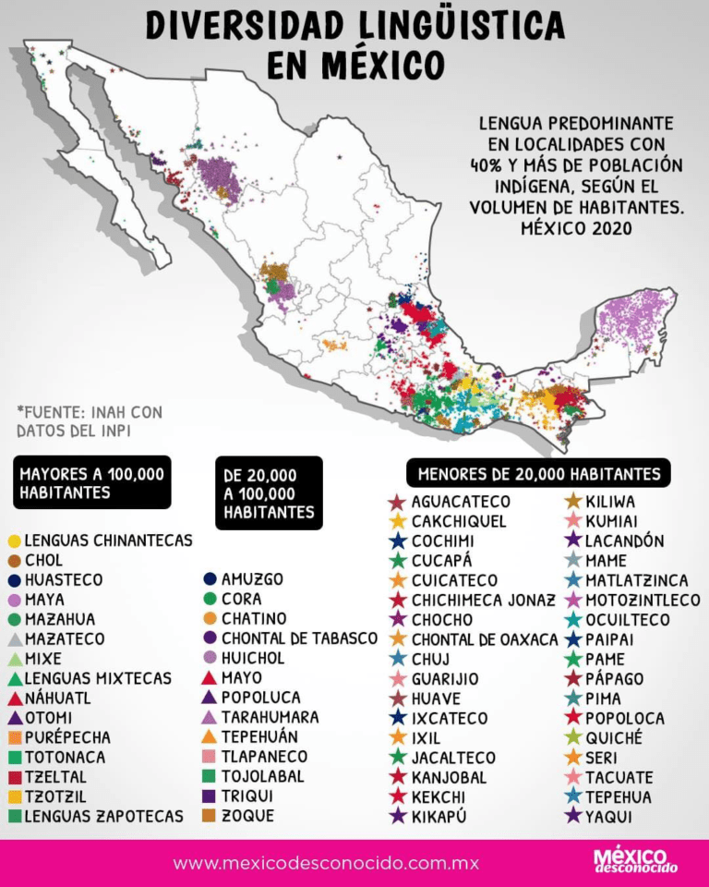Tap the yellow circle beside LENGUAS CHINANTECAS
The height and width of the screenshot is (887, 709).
[x=14, y=541]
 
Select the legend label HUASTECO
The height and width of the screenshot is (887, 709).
[x=64, y=580]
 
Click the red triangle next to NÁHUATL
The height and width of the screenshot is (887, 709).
[x=14, y=698]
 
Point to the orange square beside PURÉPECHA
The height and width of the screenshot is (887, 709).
[x=14, y=737]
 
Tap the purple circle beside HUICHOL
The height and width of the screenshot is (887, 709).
[x=210, y=658]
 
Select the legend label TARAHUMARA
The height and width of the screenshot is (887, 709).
[x=270, y=717]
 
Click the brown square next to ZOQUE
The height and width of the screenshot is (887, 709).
[x=210, y=816]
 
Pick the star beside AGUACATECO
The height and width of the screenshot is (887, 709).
[x=397, y=502]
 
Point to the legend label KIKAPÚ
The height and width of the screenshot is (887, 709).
[x=439, y=816]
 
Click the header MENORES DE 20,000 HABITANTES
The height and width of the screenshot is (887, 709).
[x=539, y=474]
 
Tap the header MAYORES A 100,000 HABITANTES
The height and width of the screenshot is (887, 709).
[x=91, y=482]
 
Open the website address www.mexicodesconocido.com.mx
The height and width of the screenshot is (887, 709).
[x=326, y=864]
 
